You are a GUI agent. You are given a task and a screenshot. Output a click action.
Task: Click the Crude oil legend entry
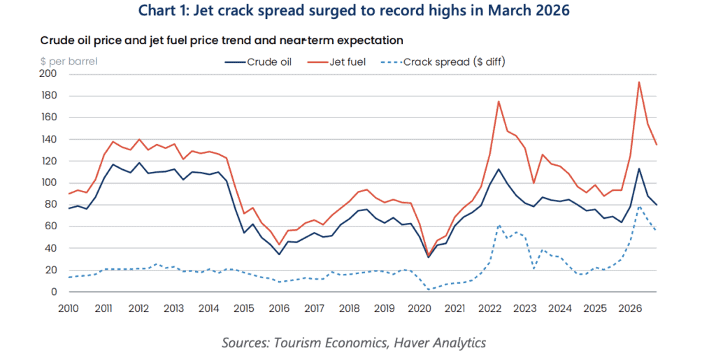point(269,62)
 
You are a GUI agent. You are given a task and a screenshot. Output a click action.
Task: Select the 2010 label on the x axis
point(69,308)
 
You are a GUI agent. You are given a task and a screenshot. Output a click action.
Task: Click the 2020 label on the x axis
point(420,308)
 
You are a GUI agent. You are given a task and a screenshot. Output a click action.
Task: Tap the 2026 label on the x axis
point(631,308)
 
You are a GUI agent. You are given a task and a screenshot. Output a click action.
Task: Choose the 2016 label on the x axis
point(279,308)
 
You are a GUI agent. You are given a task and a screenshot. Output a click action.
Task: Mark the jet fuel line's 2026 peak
point(638,82)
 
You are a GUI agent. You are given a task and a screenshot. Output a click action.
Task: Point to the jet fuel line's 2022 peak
point(499,101)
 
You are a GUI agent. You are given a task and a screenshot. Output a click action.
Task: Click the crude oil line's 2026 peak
point(638,168)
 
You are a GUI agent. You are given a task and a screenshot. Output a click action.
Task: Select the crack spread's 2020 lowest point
point(429,289)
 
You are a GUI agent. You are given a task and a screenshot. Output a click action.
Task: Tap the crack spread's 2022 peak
point(499,225)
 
